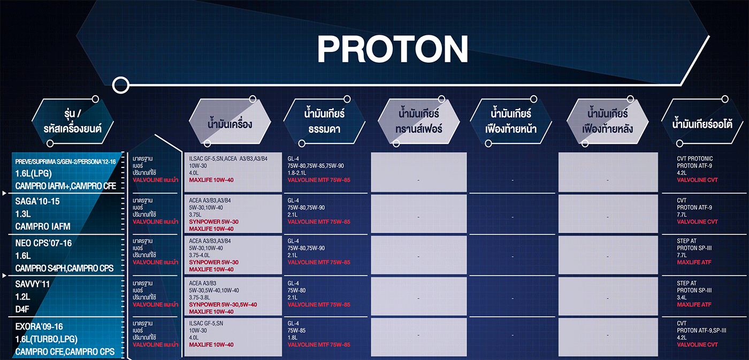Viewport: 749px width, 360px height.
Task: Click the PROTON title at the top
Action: tap(393, 49)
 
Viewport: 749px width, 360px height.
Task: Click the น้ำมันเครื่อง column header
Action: tap(230, 124)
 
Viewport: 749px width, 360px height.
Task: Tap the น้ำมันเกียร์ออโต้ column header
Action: tap(702, 124)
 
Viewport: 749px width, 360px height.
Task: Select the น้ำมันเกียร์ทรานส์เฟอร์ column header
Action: tap(418, 121)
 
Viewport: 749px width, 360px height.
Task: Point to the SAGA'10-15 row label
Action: tap(37, 201)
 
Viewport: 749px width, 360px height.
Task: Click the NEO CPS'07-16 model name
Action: tap(43, 243)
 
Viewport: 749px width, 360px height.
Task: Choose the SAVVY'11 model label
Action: tap(33, 284)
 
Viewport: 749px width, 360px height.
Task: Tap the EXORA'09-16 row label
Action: tap(39, 326)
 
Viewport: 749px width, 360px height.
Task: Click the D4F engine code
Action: tap(22, 310)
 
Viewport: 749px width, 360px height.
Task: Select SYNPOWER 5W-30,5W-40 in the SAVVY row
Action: tap(223, 304)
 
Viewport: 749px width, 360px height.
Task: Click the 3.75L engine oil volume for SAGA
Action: tap(195, 215)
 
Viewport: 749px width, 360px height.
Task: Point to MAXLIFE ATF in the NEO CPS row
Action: tap(694, 263)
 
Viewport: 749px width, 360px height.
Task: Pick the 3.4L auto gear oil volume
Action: tap(682, 297)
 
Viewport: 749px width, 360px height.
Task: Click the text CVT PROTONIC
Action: tap(695, 159)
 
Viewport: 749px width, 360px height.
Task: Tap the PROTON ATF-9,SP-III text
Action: tap(701, 331)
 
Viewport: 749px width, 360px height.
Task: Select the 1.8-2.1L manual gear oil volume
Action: tap(296, 173)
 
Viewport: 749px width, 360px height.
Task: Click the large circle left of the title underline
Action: tap(121, 85)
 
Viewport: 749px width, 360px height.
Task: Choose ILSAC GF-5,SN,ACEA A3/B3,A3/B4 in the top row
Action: tap(228, 159)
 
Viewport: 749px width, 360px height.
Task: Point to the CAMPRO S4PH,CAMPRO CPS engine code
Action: tap(64, 269)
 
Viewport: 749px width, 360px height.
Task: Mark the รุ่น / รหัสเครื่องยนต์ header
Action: tap(73, 121)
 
